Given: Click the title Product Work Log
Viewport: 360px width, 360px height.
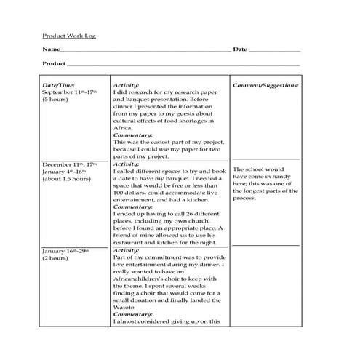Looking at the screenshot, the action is [68, 36].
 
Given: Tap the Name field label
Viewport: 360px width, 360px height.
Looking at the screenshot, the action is [50, 49].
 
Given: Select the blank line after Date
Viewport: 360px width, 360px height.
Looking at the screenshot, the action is [275, 50].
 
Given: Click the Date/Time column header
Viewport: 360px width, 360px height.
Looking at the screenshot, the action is [59, 86].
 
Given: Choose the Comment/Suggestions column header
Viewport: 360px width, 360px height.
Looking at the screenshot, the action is [265, 86].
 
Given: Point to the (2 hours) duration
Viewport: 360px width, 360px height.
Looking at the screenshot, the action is [55, 258].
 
